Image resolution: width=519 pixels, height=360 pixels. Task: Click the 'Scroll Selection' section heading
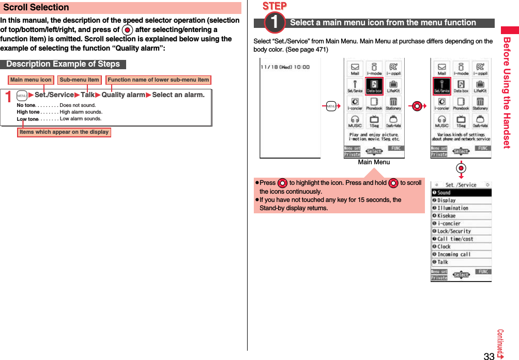click(36, 8)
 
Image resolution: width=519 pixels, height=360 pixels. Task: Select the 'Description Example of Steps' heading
click(63, 64)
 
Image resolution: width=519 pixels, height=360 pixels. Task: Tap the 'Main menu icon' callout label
click(31, 80)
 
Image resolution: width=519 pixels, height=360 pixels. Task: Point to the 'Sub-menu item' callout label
click(79, 80)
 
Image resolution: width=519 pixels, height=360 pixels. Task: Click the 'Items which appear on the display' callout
click(64, 132)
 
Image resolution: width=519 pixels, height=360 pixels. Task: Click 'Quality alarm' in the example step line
click(123, 95)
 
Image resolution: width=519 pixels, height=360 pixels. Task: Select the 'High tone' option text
click(28, 112)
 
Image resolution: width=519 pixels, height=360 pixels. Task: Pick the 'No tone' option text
click(26, 105)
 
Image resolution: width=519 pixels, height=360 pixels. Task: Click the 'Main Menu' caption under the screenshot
click(374, 162)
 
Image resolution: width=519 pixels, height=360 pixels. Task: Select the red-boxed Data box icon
click(374, 86)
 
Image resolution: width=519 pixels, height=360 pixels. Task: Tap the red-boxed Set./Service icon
click(442, 86)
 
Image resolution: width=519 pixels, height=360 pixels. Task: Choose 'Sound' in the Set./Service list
click(444, 193)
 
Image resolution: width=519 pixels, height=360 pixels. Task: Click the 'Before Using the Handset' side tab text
click(507, 93)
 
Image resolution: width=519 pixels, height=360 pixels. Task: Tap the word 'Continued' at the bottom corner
click(500, 342)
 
